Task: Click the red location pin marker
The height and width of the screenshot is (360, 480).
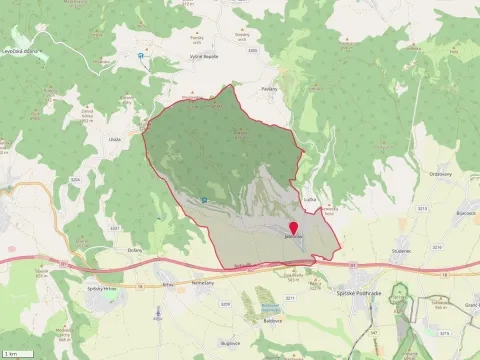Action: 293,229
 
